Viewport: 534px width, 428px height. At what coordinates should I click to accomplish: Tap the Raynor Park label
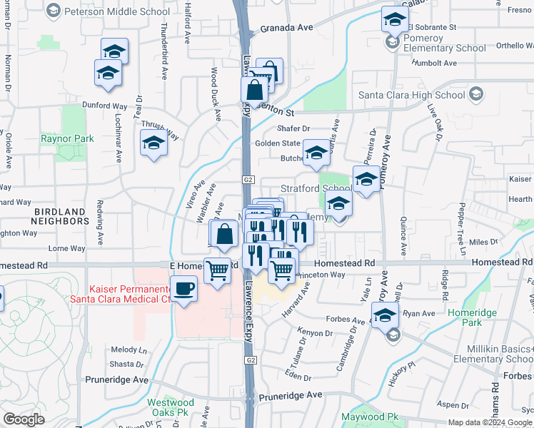[68, 138]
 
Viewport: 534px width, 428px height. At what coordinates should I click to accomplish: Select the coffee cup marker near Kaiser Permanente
[184, 289]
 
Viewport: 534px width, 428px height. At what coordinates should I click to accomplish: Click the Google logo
[24, 419]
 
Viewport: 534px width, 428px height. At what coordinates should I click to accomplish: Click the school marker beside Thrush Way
[153, 144]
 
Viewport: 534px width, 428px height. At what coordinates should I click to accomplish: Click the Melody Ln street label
[129, 350]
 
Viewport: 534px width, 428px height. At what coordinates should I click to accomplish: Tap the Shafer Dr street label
[293, 128]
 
